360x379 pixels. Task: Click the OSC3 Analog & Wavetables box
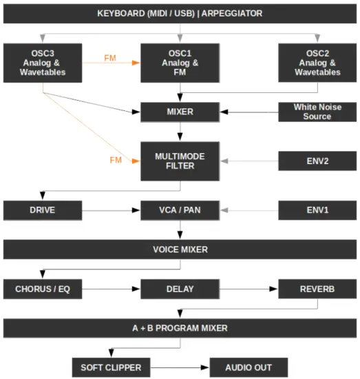[43, 62]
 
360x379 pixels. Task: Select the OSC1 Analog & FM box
[180, 62]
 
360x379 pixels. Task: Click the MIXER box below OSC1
[180, 111]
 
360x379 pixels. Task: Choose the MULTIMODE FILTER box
[180, 161]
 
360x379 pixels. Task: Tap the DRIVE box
[43, 209]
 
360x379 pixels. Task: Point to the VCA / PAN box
[180, 209]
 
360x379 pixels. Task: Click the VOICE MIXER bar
[180, 249]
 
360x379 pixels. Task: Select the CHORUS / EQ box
[43, 289]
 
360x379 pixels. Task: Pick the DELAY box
[180, 289]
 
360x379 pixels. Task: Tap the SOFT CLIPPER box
[111, 367]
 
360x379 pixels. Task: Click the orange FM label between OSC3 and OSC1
[110, 57]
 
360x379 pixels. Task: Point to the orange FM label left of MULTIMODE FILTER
[116, 160]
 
